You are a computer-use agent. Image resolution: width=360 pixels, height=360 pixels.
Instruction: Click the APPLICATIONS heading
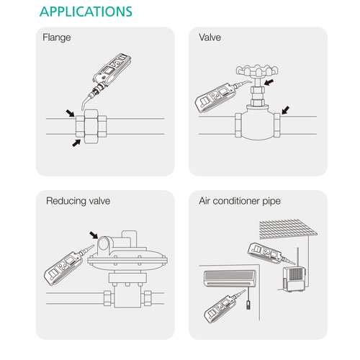tap(86, 12)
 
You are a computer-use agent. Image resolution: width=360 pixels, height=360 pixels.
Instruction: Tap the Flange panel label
tap(57, 37)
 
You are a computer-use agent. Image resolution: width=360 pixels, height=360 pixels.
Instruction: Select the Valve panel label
tap(210, 37)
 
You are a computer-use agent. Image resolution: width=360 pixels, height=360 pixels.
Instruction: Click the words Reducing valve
tap(78, 201)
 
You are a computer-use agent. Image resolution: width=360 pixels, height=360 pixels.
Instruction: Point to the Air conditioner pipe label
tap(240, 201)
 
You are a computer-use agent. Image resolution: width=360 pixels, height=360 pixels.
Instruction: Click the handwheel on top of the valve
tap(257, 71)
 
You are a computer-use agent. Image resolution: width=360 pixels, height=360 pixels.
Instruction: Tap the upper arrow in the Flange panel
tap(70, 113)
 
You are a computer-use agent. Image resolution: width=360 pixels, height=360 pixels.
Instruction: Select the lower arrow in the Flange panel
tap(76, 143)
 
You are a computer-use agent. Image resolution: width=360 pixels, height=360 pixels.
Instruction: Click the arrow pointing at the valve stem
tap(269, 83)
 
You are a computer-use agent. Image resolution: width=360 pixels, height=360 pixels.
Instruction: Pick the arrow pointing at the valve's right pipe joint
tap(286, 110)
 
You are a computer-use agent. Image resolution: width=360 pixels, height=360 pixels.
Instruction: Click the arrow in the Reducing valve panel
tap(94, 235)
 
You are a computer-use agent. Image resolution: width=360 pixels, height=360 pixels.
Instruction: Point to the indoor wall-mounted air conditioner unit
tap(230, 279)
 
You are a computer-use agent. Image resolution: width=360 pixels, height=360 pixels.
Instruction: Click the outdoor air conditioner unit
tap(294, 279)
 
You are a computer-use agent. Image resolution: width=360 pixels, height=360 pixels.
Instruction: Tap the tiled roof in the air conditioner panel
tap(288, 228)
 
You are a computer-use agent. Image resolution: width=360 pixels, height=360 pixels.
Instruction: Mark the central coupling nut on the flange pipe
tap(91, 127)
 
